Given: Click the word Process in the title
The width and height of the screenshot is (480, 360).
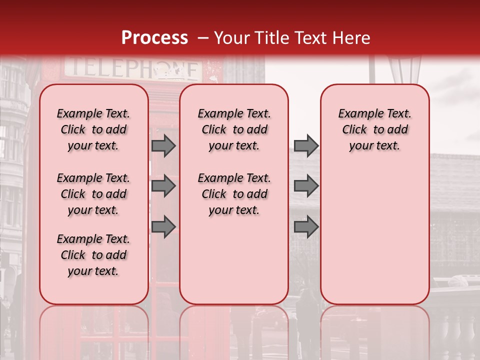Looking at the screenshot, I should click(x=154, y=38).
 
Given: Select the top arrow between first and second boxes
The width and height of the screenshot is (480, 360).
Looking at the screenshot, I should click(x=163, y=145).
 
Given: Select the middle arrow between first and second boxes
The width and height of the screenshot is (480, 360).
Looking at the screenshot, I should click(x=163, y=186).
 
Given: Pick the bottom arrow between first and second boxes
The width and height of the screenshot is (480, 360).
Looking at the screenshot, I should click(x=163, y=227).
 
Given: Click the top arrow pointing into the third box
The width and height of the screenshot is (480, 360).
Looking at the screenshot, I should click(x=306, y=145).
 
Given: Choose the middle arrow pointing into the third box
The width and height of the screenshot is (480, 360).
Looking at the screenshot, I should click(x=306, y=186).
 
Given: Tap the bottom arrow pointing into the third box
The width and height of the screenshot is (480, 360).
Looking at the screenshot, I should click(x=306, y=227).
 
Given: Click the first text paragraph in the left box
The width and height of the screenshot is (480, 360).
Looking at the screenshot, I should click(x=93, y=129).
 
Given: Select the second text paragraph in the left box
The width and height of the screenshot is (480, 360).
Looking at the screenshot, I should click(x=93, y=194).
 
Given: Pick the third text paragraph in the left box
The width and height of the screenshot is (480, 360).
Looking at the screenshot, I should click(x=93, y=255).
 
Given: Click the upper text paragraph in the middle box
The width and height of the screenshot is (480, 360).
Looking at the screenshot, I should click(x=234, y=129).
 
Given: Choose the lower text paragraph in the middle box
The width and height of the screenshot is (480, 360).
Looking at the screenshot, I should click(x=234, y=194).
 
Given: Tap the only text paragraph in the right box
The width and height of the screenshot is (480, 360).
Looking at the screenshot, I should click(x=375, y=129).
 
